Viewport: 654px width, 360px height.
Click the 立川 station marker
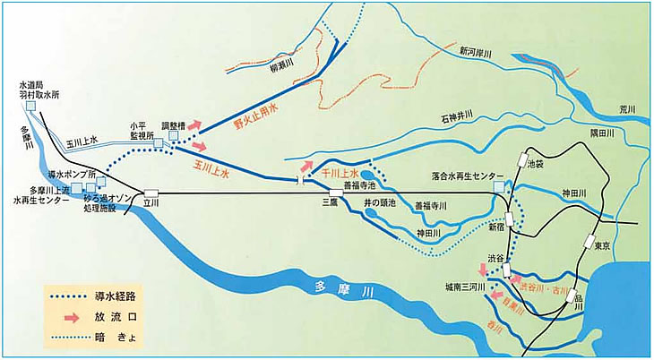coord(151,193)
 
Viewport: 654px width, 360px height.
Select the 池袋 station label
coord(537,165)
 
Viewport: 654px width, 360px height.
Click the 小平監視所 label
coord(137,133)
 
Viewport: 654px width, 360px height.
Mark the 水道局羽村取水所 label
coord(39,89)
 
